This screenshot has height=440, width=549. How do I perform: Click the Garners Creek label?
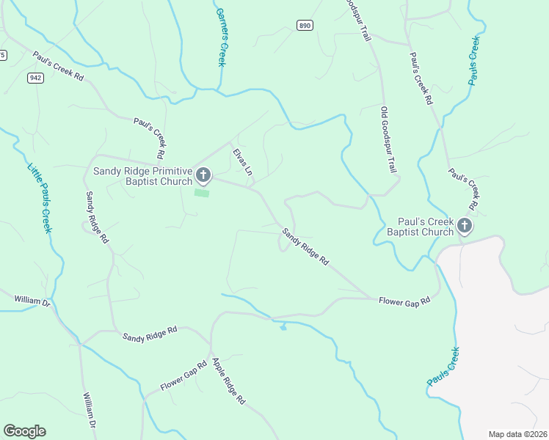click(220, 37)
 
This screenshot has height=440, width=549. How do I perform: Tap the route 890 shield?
click(305, 25)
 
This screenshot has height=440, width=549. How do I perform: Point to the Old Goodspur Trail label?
click(388, 139)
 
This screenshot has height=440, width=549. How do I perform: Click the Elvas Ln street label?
click(243, 162)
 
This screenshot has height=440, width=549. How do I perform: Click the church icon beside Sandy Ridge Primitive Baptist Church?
click(203, 175)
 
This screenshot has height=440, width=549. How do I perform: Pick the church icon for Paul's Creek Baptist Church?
click(464, 226)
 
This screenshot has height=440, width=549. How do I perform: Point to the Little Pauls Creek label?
click(40, 197)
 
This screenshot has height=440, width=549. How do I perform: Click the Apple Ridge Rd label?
click(228, 382)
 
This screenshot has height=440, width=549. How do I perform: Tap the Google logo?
click(24, 431)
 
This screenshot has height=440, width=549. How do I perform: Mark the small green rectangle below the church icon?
click(202, 193)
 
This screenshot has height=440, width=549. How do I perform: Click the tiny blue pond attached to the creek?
click(283, 327)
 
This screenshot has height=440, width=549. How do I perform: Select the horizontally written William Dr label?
click(32, 301)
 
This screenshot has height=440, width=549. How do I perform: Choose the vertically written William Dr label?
click(90, 413)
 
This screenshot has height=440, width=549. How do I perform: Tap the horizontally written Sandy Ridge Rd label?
click(150, 334)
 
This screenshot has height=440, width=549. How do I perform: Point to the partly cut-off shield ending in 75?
click(2, 55)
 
